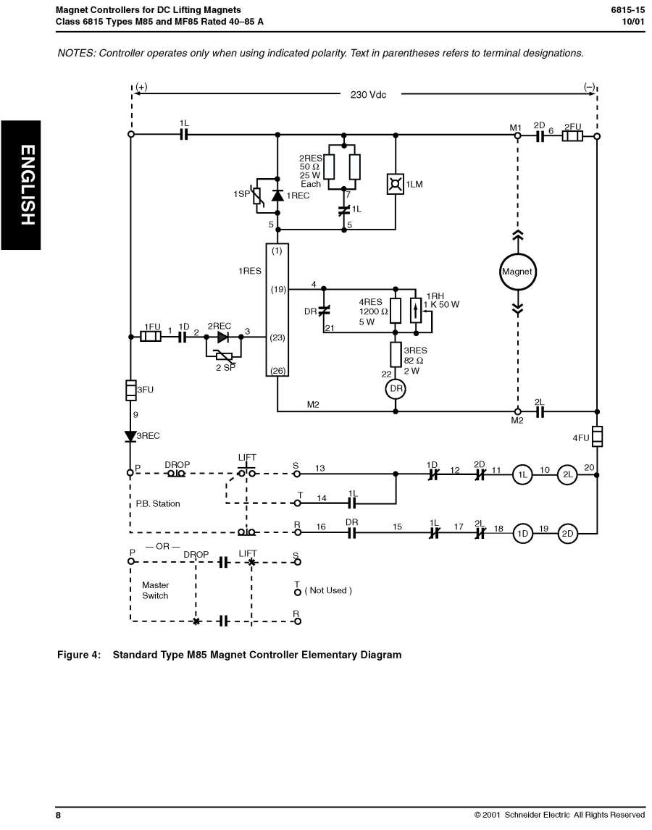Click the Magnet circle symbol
tap(517, 272)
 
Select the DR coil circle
tap(396, 389)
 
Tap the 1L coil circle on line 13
tap(522, 474)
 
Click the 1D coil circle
tap(522, 534)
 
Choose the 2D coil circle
tap(567, 534)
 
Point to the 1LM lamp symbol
tap(396, 185)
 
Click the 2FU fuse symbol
tap(573, 135)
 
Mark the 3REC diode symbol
tap(131, 436)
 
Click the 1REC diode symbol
tap(277, 195)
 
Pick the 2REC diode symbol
tap(223, 337)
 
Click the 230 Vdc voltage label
tap(368, 94)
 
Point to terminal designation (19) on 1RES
tap(277, 290)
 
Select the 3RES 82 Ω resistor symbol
tap(396, 355)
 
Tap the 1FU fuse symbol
tap(151, 337)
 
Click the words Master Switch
tap(155, 590)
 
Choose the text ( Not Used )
tap(328, 590)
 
